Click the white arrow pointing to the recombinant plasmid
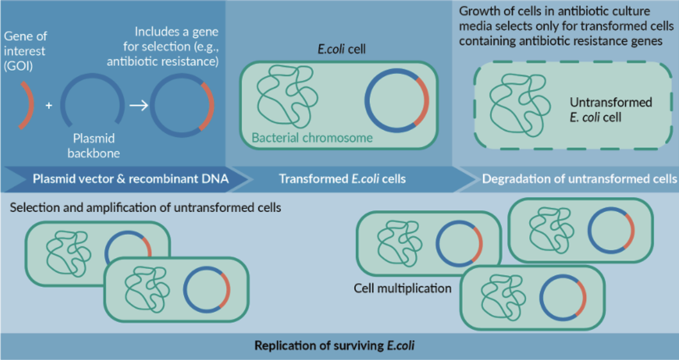(138, 105)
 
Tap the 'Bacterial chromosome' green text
(312, 138)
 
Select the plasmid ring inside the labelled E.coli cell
(397, 102)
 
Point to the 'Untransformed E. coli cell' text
(610, 110)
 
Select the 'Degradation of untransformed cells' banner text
(576, 179)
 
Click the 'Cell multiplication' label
(402, 289)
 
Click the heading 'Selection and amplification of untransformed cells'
(146, 208)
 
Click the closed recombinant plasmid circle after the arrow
(182, 105)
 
